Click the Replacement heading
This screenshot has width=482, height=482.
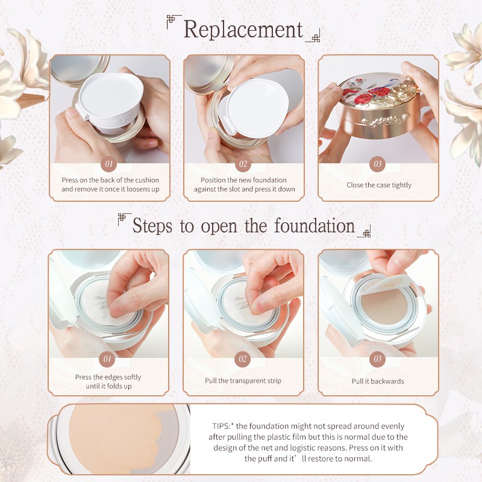tap(243, 30)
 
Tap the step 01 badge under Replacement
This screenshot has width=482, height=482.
tap(109, 164)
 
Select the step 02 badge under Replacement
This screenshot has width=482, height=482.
tap(243, 164)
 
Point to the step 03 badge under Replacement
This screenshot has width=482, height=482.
tap(378, 164)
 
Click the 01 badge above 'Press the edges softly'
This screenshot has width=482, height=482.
tap(107, 358)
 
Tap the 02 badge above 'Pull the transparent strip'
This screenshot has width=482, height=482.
tap(243, 358)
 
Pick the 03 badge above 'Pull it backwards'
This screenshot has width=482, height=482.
tap(378, 358)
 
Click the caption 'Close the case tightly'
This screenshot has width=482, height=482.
tap(379, 185)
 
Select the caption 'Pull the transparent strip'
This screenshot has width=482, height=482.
tap(243, 381)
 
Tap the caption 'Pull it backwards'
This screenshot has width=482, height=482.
tap(378, 381)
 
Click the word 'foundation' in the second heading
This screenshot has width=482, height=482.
tap(315, 225)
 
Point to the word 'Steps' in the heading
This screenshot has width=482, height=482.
tap(152, 227)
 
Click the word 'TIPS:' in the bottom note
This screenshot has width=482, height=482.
tap(221, 426)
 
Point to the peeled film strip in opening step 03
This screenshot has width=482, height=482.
tap(384, 284)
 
